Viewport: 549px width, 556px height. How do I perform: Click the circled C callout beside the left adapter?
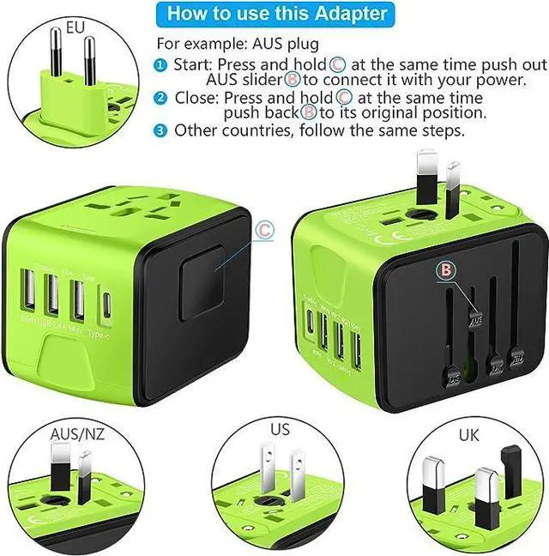point(264,229)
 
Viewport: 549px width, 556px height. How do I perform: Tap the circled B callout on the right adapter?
point(444,269)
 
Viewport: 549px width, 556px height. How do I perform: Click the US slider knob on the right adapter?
point(452,373)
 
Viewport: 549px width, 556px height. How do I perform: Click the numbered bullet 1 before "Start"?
point(161,64)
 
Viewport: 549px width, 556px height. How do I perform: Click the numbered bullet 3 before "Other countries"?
point(161,130)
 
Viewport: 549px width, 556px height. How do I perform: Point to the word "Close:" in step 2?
point(196,97)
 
